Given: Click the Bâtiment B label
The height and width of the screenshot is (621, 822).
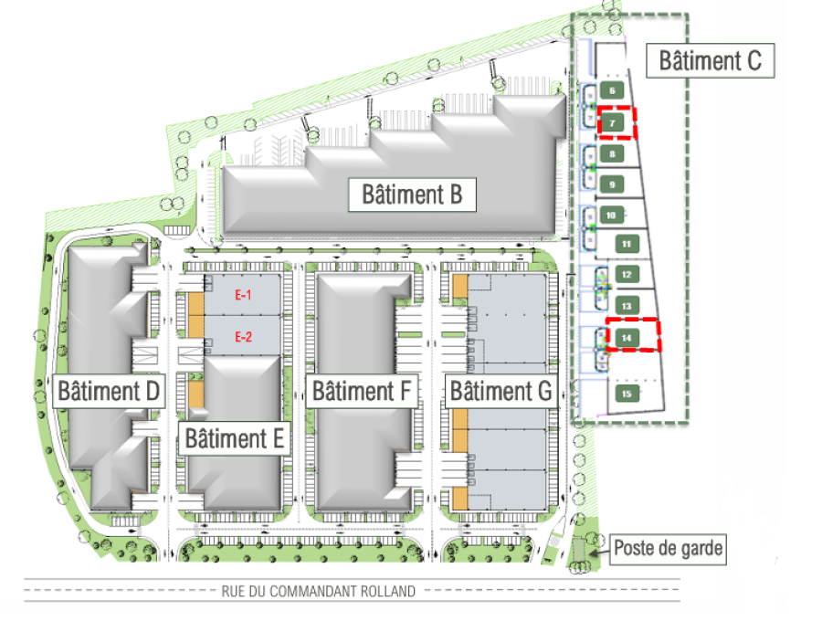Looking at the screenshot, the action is click(x=412, y=195).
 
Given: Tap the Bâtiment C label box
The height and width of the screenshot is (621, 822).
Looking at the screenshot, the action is click(x=710, y=61).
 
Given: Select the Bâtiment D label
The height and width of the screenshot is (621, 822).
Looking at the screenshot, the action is click(x=109, y=391).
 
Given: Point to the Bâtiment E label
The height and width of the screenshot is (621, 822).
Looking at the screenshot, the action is click(x=235, y=438).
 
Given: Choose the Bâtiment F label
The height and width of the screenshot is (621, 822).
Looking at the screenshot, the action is click(x=362, y=391).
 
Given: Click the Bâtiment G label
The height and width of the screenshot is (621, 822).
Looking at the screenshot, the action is click(x=501, y=391).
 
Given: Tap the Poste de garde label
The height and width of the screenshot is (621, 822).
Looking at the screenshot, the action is click(x=668, y=549).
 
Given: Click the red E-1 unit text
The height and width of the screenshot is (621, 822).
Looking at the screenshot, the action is click(x=243, y=295).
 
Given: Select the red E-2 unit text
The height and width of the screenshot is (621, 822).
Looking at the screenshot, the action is click(x=243, y=337).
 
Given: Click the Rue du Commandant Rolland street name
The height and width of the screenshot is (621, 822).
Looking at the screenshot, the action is click(x=318, y=592).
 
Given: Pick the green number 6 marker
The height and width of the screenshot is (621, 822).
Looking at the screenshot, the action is click(x=612, y=90).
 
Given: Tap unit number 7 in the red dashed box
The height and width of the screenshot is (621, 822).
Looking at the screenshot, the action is click(x=612, y=123).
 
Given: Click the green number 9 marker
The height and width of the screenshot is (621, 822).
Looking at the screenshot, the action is click(x=612, y=184).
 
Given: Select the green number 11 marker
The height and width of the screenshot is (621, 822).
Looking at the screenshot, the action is click(x=627, y=244).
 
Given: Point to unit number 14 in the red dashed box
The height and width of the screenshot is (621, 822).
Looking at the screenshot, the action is click(x=627, y=338).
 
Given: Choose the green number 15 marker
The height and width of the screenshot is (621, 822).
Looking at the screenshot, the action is click(x=627, y=395).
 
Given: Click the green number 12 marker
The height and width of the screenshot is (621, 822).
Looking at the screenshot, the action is click(x=627, y=275).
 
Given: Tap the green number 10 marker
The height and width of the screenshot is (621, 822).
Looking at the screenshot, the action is click(x=611, y=216).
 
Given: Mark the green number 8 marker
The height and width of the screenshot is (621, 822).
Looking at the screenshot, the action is click(x=612, y=154).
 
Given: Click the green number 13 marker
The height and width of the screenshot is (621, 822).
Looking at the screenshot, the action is click(x=627, y=307).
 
